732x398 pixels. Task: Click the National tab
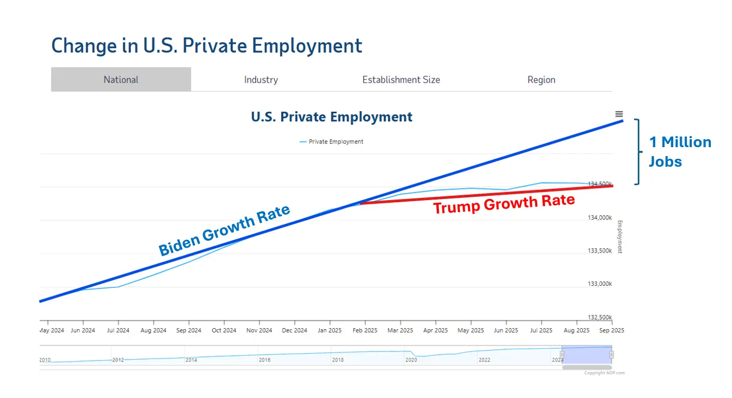coord(121,80)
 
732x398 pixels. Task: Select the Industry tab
coord(261,80)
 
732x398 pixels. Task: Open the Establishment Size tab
coord(401,80)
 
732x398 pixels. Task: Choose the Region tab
coord(541,80)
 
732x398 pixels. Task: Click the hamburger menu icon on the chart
coord(619,114)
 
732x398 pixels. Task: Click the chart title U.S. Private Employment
coord(331,117)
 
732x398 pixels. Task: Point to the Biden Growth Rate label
coord(224,230)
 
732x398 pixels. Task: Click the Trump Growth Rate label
coord(504,203)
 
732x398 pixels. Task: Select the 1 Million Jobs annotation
coord(680,151)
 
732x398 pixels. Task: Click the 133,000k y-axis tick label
coord(600,284)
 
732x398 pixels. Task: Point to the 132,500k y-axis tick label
coord(600,318)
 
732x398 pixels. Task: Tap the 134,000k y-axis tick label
coord(600,218)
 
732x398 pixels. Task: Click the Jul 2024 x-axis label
coord(118,330)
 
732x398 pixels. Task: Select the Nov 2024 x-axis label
coord(259,330)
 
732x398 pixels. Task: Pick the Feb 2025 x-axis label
coord(365,330)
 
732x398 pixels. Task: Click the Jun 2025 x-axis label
coord(506,330)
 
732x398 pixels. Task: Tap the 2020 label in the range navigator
coord(411,360)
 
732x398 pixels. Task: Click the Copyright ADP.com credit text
coord(604,373)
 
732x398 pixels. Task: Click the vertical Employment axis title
coord(620,237)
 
